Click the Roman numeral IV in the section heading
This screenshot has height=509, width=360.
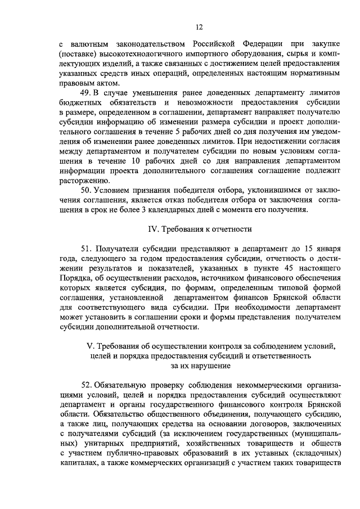(x=153, y=228)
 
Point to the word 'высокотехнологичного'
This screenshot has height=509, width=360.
(x=132, y=54)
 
